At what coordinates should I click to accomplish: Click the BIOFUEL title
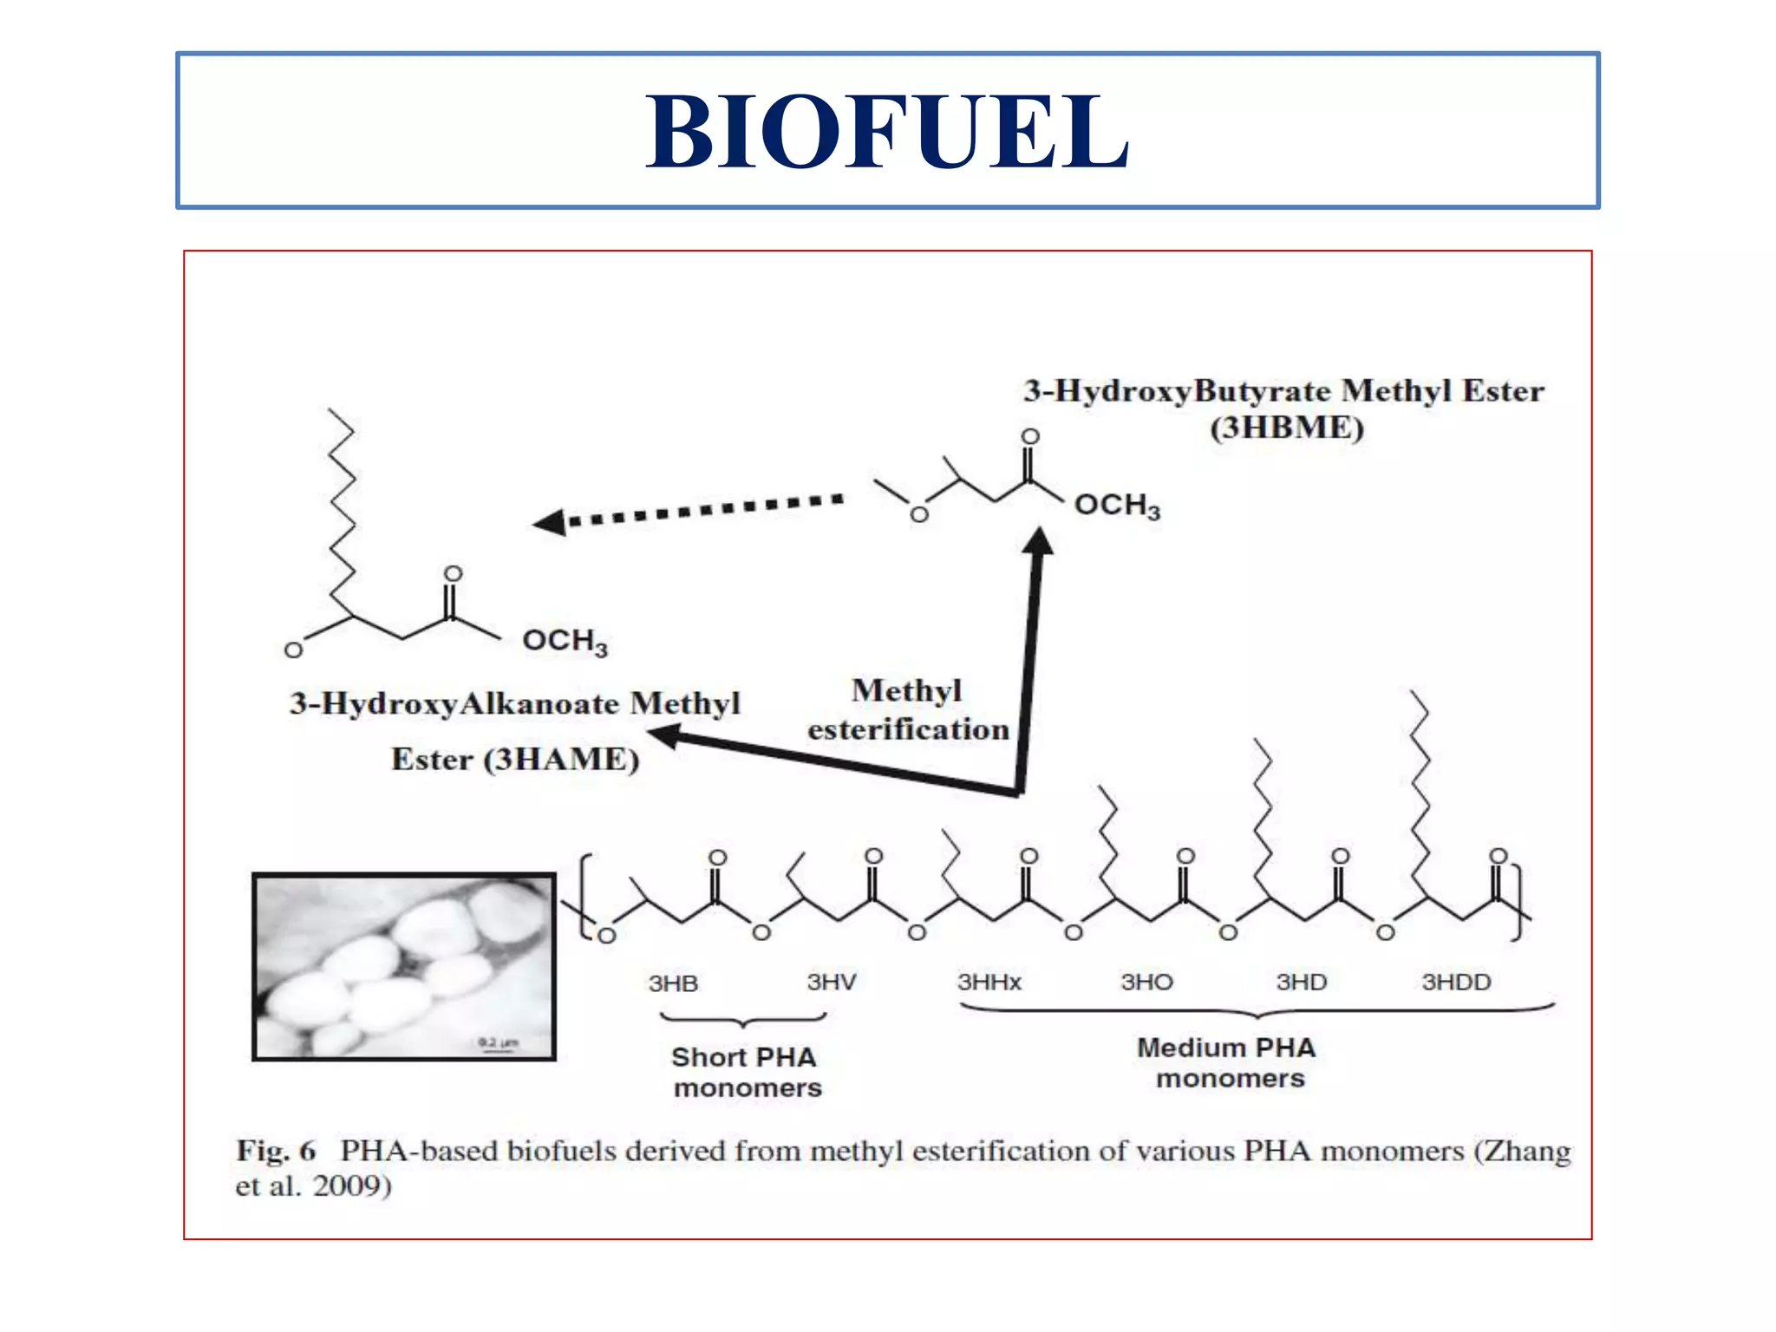coord(887,132)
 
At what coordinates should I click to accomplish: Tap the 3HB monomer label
coord(673,983)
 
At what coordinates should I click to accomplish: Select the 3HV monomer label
coord(832,983)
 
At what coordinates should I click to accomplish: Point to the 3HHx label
coord(989,983)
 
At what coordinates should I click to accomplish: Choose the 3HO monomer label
coord(1146,983)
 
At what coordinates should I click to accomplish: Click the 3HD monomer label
coord(1301,983)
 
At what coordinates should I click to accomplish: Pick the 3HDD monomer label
coord(1456,983)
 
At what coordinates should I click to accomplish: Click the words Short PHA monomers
coord(746,1073)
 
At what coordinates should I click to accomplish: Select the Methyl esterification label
coord(908,710)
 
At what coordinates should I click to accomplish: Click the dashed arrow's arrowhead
coord(550,522)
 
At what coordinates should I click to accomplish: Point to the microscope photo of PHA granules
coord(404,967)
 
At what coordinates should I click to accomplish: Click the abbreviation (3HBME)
coord(1287,428)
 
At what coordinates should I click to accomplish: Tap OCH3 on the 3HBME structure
coord(1117,506)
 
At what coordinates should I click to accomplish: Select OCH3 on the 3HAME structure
coord(565,642)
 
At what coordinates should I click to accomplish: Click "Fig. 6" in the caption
coord(276,1152)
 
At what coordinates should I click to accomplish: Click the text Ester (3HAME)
coord(515,760)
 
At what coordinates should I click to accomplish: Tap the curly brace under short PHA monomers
coord(743,1020)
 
